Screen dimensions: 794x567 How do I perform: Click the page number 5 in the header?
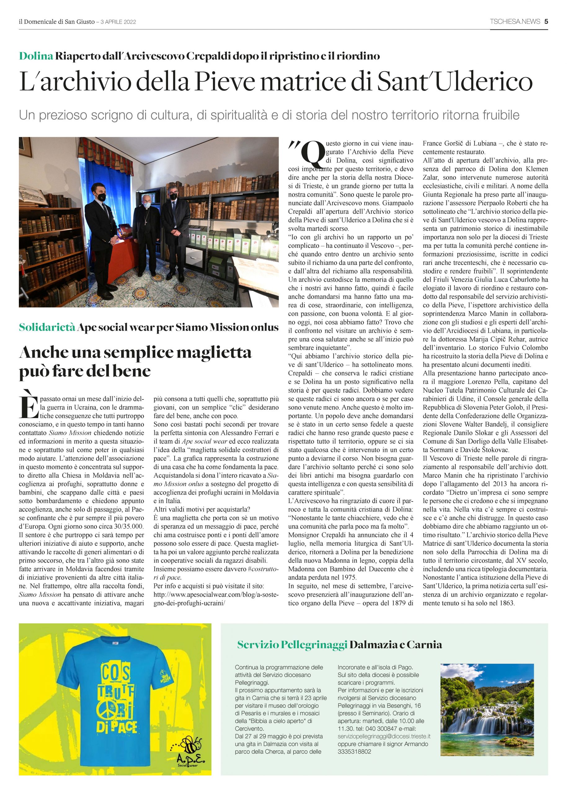[x=546, y=22]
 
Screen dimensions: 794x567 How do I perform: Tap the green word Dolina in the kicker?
[x=36, y=56]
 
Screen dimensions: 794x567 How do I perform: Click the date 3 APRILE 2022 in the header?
[x=118, y=22]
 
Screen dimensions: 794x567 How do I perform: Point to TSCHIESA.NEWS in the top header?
[x=515, y=22]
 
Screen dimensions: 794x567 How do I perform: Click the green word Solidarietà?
[x=47, y=327]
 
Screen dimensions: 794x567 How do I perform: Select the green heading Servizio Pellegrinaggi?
[x=292, y=645]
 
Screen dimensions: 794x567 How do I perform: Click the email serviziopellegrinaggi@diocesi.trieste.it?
[x=384, y=736]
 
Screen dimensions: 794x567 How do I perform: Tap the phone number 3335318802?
[x=354, y=752]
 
